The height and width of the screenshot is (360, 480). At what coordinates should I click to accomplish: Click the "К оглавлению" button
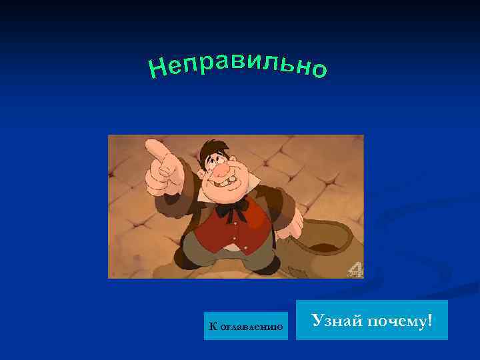246,326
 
